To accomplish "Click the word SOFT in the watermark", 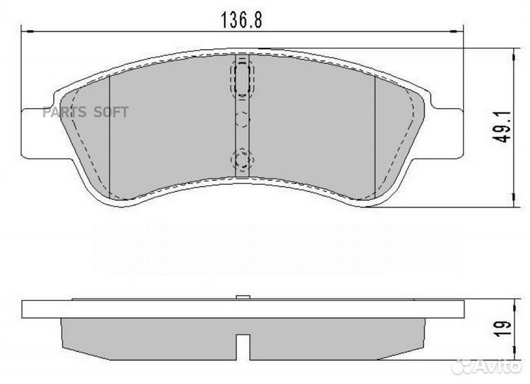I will (110, 112).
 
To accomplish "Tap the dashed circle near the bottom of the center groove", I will (241, 158).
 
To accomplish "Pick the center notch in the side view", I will (241, 344).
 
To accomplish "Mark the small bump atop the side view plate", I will (241, 297).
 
